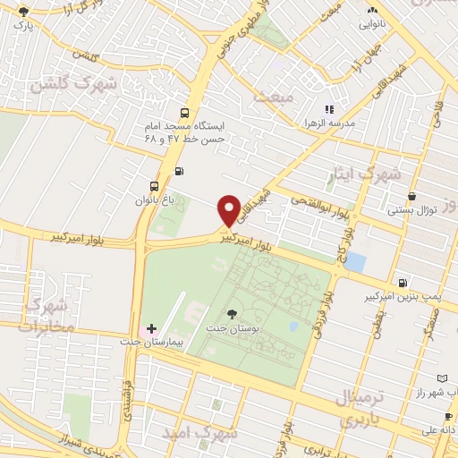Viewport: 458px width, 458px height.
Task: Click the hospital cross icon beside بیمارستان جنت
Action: pos(151,329)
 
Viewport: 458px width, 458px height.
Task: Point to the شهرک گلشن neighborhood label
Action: pos(74,84)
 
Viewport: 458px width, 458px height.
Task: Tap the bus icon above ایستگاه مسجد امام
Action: pos(184,113)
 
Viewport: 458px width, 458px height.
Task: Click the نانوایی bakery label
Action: pos(373,25)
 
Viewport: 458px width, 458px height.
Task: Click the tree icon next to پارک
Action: pos(21,13)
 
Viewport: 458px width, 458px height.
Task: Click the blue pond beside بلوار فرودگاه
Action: pos(355,262)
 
